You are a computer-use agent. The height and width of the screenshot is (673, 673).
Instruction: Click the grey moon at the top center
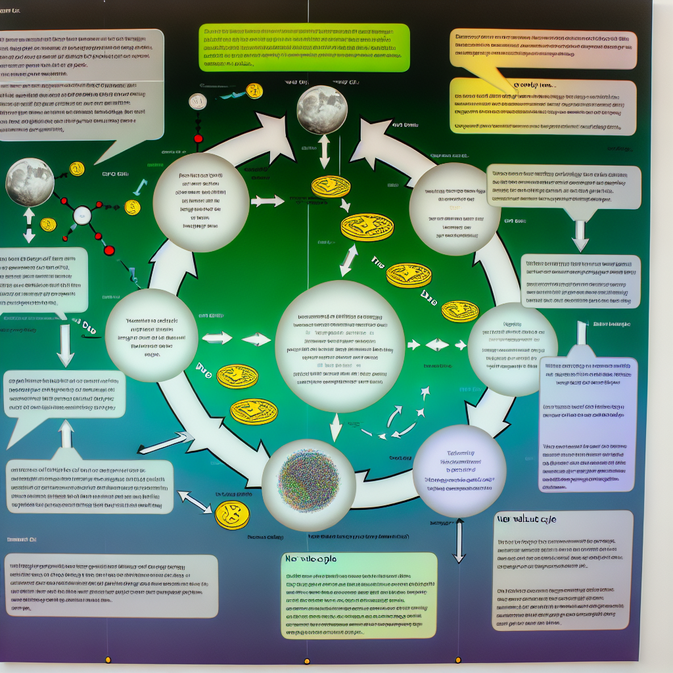[321, 110]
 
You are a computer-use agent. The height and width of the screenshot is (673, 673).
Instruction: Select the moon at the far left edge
[30, 182]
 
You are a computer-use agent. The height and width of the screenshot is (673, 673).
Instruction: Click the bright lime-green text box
[304, 47]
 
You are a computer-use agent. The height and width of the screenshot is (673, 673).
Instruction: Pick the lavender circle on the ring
[459, 470]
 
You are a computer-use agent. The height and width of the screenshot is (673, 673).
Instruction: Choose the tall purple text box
[588, 424]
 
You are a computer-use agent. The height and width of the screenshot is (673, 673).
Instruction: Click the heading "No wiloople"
[310, 559]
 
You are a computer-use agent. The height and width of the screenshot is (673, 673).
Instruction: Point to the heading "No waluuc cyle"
[526, 519]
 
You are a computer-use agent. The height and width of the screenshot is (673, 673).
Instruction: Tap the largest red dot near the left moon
[109, 250]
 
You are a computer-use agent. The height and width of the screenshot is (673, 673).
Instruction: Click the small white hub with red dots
[82, 214]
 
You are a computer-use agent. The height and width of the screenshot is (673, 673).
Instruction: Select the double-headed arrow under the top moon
[324, 152]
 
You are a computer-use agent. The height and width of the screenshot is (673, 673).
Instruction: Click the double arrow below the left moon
[29, 225]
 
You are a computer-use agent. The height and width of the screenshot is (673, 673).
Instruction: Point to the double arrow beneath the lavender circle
[459, 540]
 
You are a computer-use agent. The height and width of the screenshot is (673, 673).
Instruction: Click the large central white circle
[339, 346]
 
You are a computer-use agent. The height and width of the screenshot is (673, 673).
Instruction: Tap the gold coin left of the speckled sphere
[232, 515]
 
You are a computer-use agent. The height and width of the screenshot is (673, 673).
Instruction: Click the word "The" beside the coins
[377, 261]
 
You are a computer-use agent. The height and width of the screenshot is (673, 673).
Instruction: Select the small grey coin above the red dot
[197, 101]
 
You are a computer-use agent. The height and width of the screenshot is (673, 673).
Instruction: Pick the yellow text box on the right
[543, 105]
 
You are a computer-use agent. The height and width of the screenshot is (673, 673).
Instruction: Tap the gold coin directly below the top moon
[331, 186]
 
